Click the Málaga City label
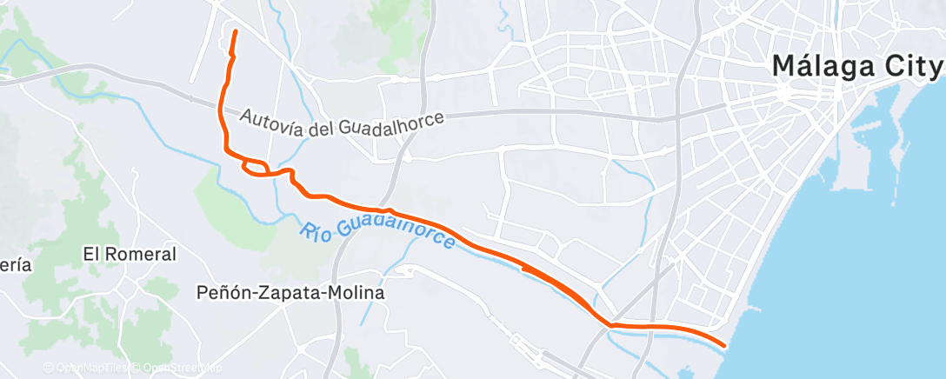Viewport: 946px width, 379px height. click(x=857, y=67)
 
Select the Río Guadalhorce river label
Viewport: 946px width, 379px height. click(x=378, y=233)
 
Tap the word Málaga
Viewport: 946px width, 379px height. click(x=821, y=67)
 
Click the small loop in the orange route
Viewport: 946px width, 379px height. click(x=255, y=166)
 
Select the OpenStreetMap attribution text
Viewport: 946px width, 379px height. click(x=178, y=369)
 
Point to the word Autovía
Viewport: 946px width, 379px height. click(x=270, y=119)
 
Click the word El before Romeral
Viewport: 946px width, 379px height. click(x=91, y=255)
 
